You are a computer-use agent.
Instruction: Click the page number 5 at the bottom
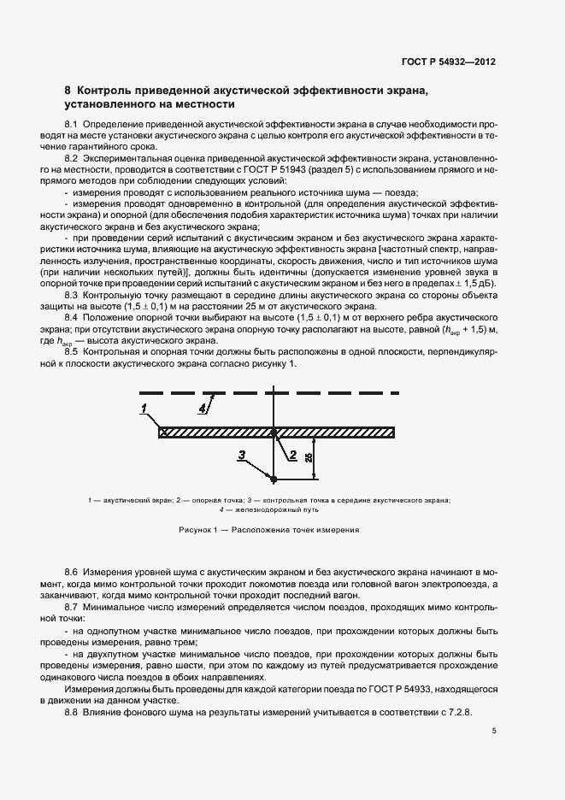[x=495, y=731]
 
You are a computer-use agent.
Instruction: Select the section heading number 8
[x=68, y=91]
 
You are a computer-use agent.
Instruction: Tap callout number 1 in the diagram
[x=144, y=406]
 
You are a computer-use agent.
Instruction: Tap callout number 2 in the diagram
[x=292, y=455]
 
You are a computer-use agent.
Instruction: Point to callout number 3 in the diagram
[x=242, y=455]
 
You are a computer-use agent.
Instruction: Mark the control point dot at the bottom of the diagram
[x=273, y=477]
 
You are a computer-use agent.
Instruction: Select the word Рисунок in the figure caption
[x=197, y=530]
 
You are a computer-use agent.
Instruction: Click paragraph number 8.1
[x=72, y=125]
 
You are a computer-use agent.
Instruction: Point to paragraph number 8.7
[x=72, y=604]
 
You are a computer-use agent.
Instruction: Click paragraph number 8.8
[x=72, y=712]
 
